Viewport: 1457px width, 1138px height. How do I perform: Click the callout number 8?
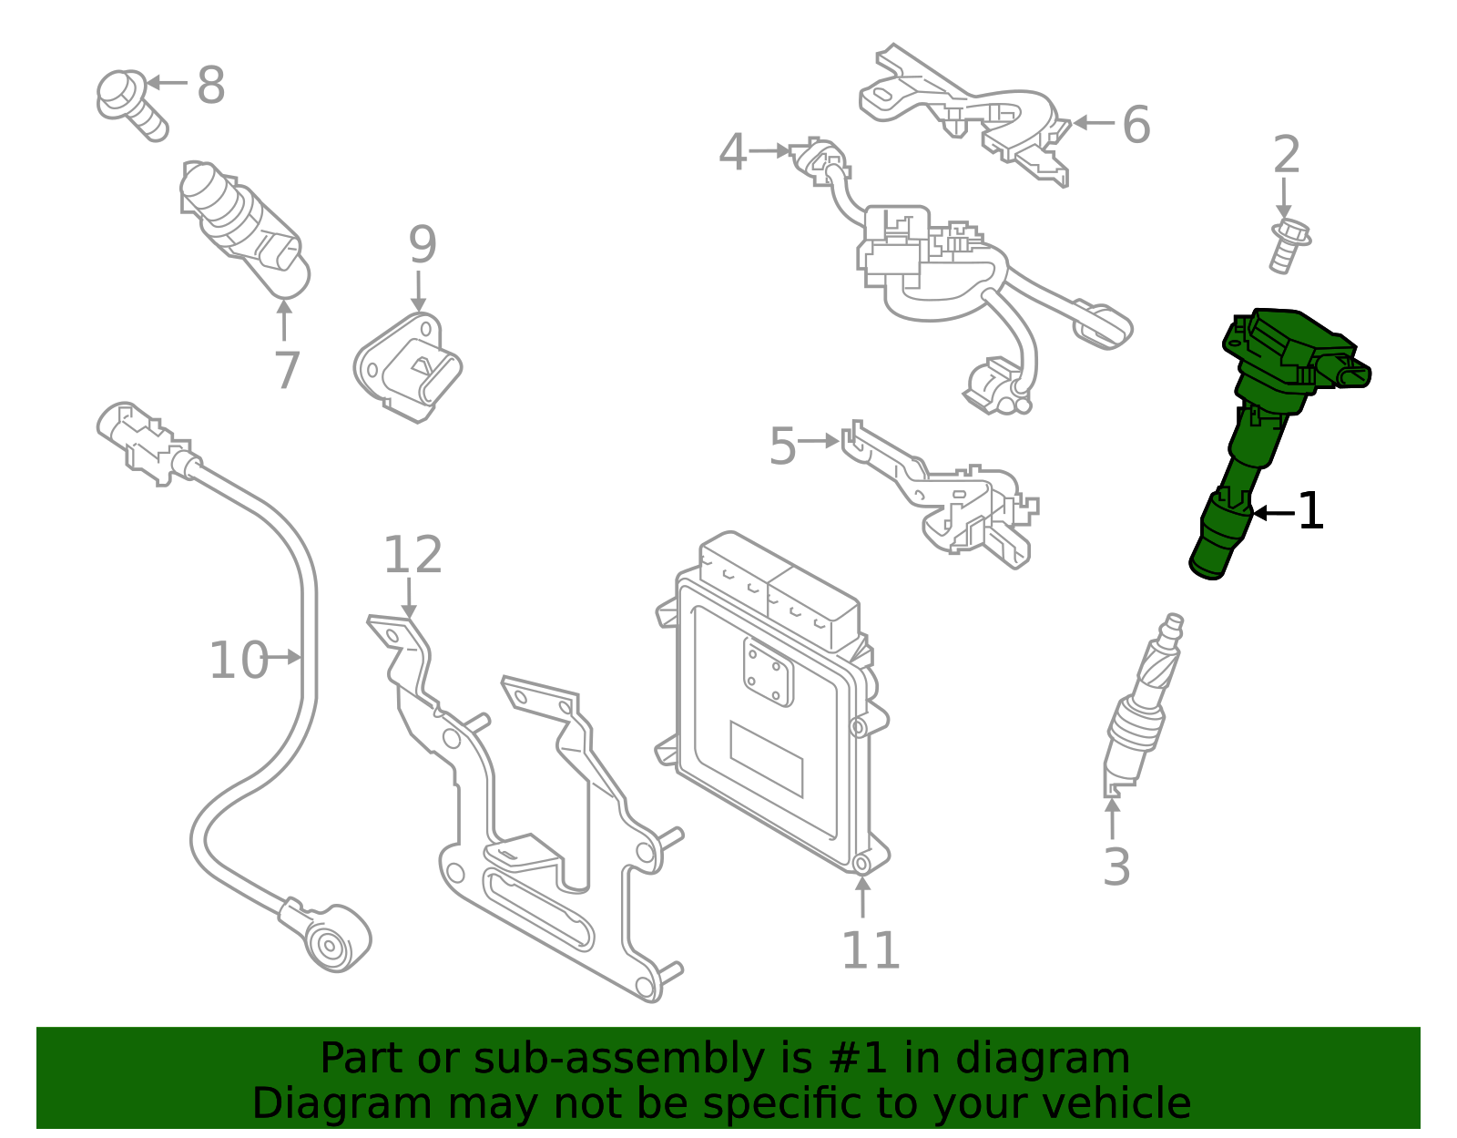coord(211,86)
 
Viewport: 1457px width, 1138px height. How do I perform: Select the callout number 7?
coord(287,370)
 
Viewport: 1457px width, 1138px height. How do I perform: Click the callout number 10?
coord(239,661)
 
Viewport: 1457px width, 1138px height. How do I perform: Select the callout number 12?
coord(413,555)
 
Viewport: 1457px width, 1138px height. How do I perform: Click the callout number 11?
coord(870,950)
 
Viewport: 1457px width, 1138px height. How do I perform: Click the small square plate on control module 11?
coord(768,672)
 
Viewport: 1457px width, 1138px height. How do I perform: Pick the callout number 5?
coord(782,446)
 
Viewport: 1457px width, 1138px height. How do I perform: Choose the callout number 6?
coord(1136,124)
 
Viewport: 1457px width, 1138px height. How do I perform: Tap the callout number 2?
coord(1286,155)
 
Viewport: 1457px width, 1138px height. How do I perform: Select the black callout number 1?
coord(1309,511)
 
